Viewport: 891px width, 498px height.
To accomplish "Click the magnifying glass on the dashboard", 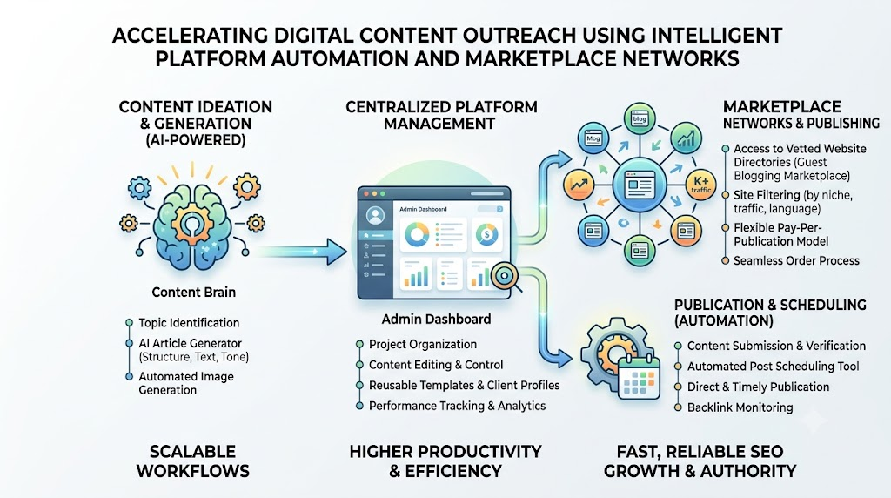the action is coord(505,277).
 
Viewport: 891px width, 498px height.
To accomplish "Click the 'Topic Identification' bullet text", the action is coord(189,322).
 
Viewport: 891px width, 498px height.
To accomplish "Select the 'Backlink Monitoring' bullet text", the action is coord(740,407).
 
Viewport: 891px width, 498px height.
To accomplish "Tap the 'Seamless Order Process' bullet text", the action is coord(796,260).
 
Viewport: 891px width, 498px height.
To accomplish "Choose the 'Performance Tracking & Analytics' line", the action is coord(457,406).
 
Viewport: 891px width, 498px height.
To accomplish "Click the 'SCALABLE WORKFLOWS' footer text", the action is coord(192,461).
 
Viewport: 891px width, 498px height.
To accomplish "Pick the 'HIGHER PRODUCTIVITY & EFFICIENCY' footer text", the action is coord(445,461).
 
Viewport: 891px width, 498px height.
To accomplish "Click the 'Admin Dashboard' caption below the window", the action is coord(436,319).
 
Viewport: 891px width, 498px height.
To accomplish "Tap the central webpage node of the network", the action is coord(638,185).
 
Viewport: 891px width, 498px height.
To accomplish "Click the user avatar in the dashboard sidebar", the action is coord(375,215).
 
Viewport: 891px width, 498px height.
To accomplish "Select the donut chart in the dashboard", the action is coord(417,233).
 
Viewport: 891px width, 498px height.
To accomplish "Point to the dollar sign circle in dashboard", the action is coord(487,233).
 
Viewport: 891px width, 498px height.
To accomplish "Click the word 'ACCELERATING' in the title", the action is coord(190,35).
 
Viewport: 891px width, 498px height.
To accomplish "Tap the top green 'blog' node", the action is coord(640,119).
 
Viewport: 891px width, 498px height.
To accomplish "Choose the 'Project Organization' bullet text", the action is coord(423,344).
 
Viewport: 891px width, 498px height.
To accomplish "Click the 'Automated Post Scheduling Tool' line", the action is coord(773,367).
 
